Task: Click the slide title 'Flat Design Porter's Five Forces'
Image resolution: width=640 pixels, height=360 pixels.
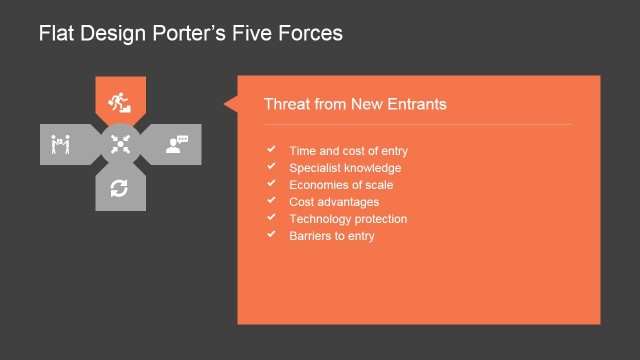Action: click(190, 34)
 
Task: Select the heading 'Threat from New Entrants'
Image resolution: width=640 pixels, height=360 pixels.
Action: click(354, 104)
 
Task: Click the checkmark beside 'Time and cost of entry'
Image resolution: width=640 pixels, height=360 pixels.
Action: click(270, 150)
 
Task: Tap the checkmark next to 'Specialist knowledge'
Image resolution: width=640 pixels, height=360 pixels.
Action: click(270, 167)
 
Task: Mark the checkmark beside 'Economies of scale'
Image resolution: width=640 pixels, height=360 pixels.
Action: click(270, 184)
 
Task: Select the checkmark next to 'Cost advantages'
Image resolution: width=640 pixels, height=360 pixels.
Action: click(270, 201)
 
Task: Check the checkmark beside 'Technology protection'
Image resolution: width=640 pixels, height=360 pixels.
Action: click(270, 218)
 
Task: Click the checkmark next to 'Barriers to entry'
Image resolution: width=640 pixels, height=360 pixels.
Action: click(270, 235)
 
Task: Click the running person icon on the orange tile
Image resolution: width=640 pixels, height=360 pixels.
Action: click(120, 100)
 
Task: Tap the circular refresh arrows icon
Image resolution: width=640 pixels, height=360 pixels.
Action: click(120, 188)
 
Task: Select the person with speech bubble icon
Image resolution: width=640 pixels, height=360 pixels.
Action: click(177, 144)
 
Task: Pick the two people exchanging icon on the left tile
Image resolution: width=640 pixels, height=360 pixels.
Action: click(60, 145)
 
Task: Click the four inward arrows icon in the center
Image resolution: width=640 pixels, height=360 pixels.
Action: click(120, 144)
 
